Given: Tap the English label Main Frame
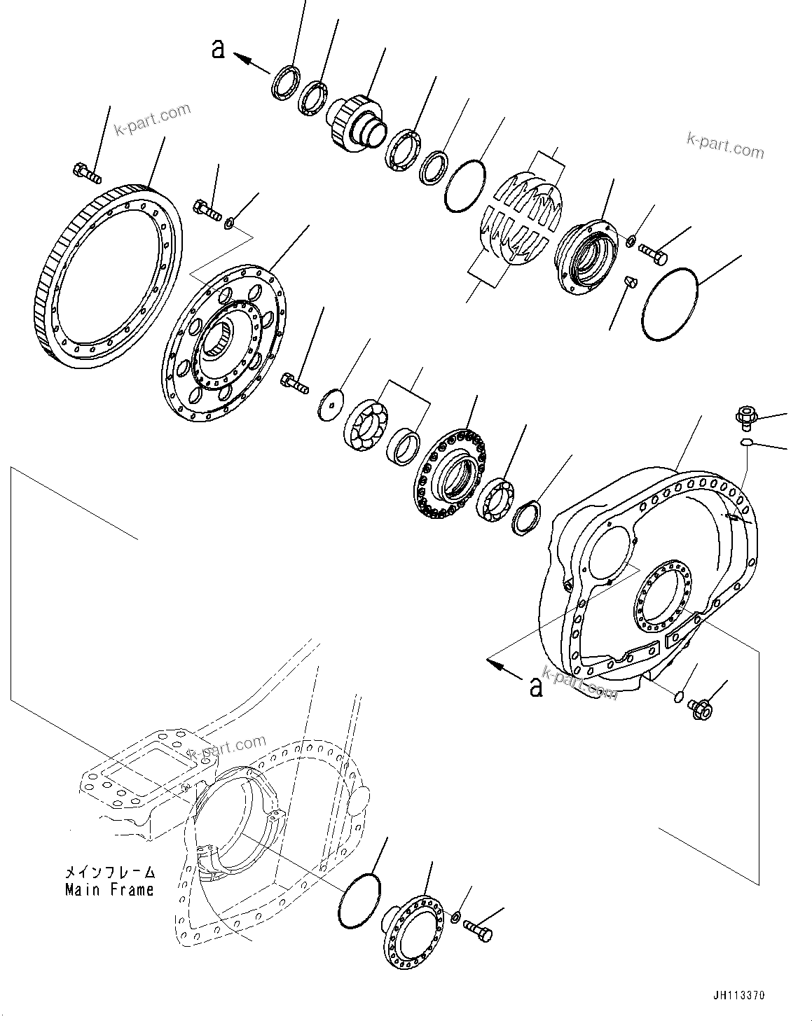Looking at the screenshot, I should tap(109, 890).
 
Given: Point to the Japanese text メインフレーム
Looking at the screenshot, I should tap(109, 873).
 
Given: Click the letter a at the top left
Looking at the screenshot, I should tap(219, 49).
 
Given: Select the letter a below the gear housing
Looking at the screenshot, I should tap(536, 688).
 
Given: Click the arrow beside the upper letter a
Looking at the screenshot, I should tap(252, 64).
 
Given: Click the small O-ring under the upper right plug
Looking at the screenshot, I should tap(748, 442).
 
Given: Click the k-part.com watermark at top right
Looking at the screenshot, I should tap(725, 146).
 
